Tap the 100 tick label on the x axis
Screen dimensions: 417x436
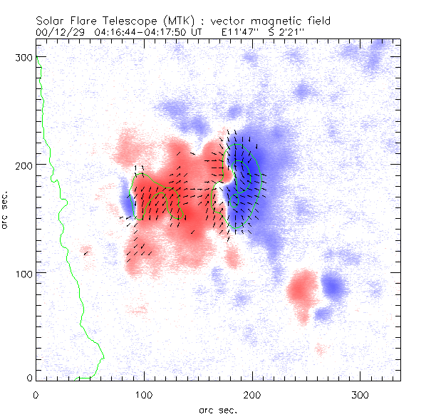click(x=144, y=394)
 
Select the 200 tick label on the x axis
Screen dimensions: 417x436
click(x=252, y=394)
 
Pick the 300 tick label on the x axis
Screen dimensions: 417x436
click(x=360, y=394)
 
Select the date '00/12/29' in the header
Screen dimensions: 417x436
click(x=58, y=32)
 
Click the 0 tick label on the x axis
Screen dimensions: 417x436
click(x=36, y=394)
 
